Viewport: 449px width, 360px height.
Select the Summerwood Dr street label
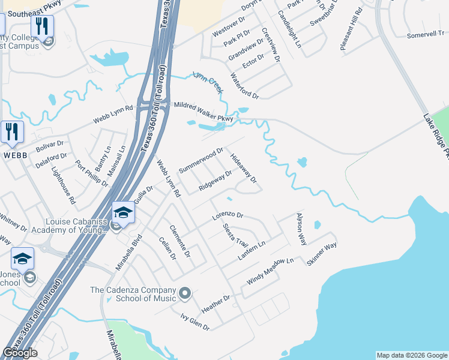[201, 160]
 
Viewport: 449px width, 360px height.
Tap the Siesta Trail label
[235, 234]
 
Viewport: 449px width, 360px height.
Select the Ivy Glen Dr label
[196, 321]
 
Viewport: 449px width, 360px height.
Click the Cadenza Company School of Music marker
[185, 293]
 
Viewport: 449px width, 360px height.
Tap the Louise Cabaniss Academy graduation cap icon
[123, 213]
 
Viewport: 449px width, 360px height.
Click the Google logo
[20, 353]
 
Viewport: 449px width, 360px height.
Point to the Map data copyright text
[412, 355]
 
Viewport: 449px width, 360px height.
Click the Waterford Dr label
[244, 86]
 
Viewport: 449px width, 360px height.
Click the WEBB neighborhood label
[14, 155]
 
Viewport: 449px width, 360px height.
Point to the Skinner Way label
[322, 254]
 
